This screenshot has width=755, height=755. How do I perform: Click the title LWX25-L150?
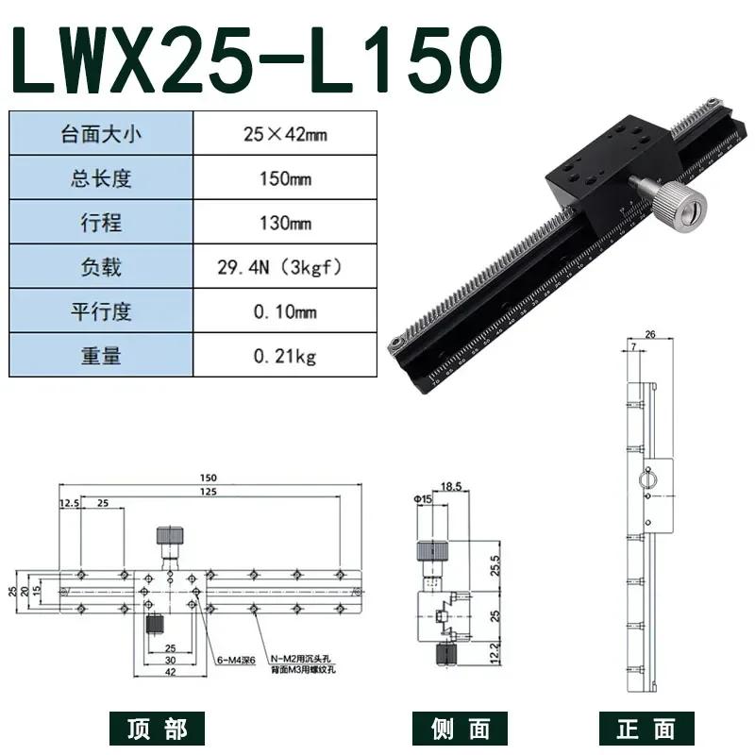[x=252, y=59]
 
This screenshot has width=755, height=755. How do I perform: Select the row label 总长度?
[x=101, y=178]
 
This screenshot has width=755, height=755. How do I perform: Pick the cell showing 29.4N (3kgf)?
[x=284, y=267]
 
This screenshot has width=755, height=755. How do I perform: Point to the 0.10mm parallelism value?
[x=284, y=311]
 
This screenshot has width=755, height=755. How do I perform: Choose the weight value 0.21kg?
[x=284, y=356]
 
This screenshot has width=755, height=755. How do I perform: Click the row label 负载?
[x=101, y=267]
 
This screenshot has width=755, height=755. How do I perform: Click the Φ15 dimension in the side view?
[x=422, y=499]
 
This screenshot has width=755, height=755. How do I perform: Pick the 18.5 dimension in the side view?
[x=450, y=486]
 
